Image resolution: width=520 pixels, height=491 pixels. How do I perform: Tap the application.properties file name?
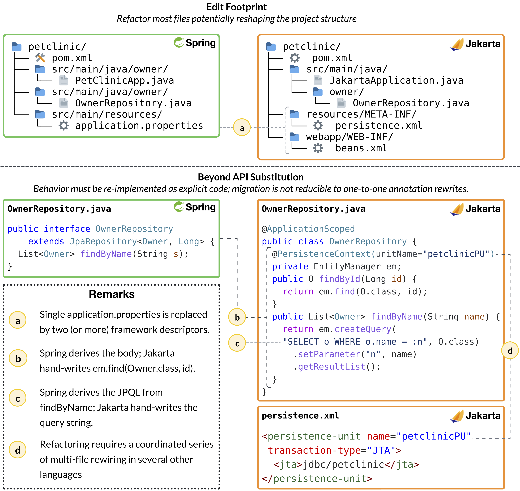139,126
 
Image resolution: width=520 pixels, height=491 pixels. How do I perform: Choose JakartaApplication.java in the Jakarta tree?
396,80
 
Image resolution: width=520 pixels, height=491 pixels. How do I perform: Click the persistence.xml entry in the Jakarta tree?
379,126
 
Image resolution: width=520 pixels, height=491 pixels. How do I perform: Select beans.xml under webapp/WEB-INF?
361,148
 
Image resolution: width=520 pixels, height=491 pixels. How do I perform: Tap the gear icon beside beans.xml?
318,148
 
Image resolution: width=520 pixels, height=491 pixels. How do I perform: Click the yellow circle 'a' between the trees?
242,128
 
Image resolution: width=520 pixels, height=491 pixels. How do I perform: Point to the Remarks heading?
112,294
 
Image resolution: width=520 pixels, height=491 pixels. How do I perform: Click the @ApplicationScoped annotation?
308,229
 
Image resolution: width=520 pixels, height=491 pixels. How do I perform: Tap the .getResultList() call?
337,367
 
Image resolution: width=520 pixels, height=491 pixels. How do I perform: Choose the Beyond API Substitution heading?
251,177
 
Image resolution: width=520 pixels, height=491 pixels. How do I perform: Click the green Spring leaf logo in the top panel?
179,42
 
